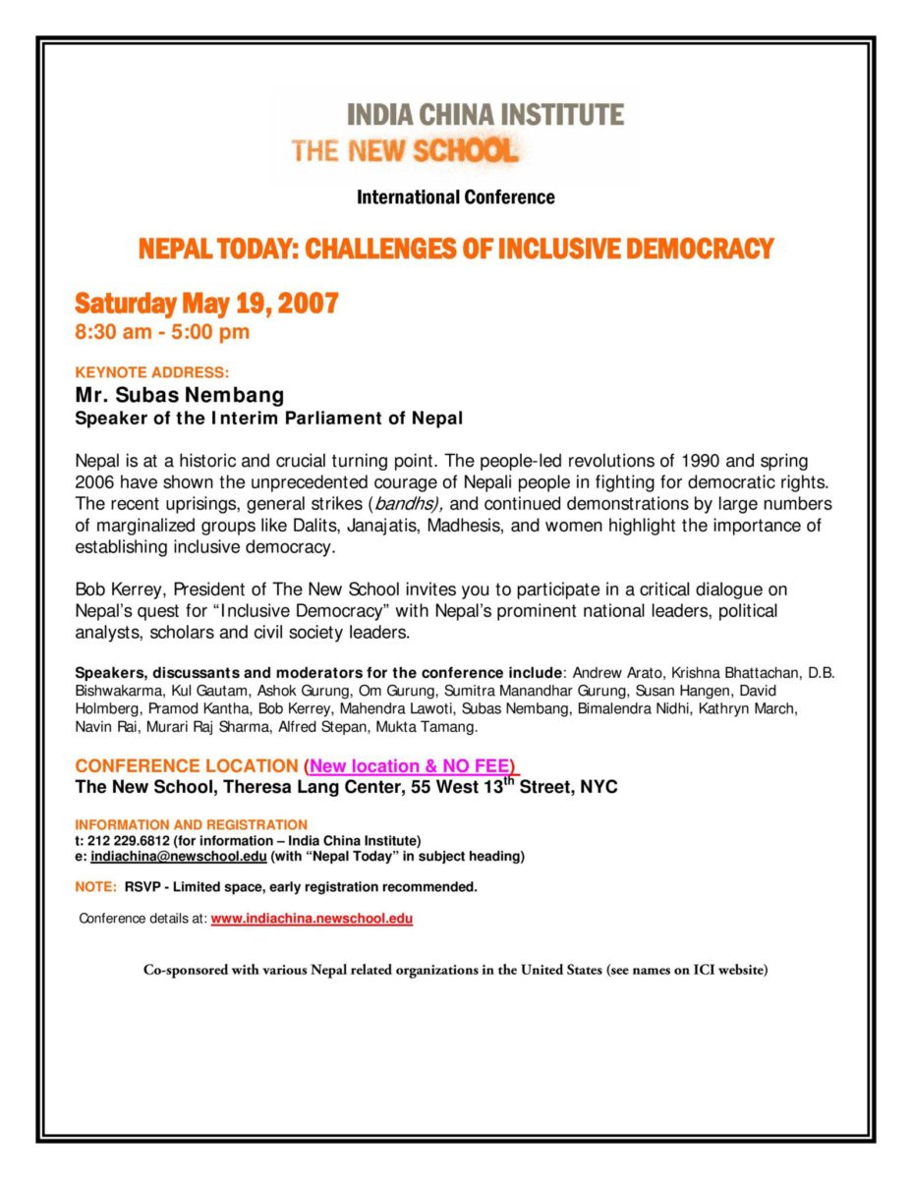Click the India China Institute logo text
484,115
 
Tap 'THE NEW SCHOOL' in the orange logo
404,151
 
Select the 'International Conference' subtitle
455,197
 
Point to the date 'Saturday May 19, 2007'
206,304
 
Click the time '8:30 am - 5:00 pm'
162,332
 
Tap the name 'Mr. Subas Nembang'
180,395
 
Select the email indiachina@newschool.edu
179,857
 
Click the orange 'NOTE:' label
96,887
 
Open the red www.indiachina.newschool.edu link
312,920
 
